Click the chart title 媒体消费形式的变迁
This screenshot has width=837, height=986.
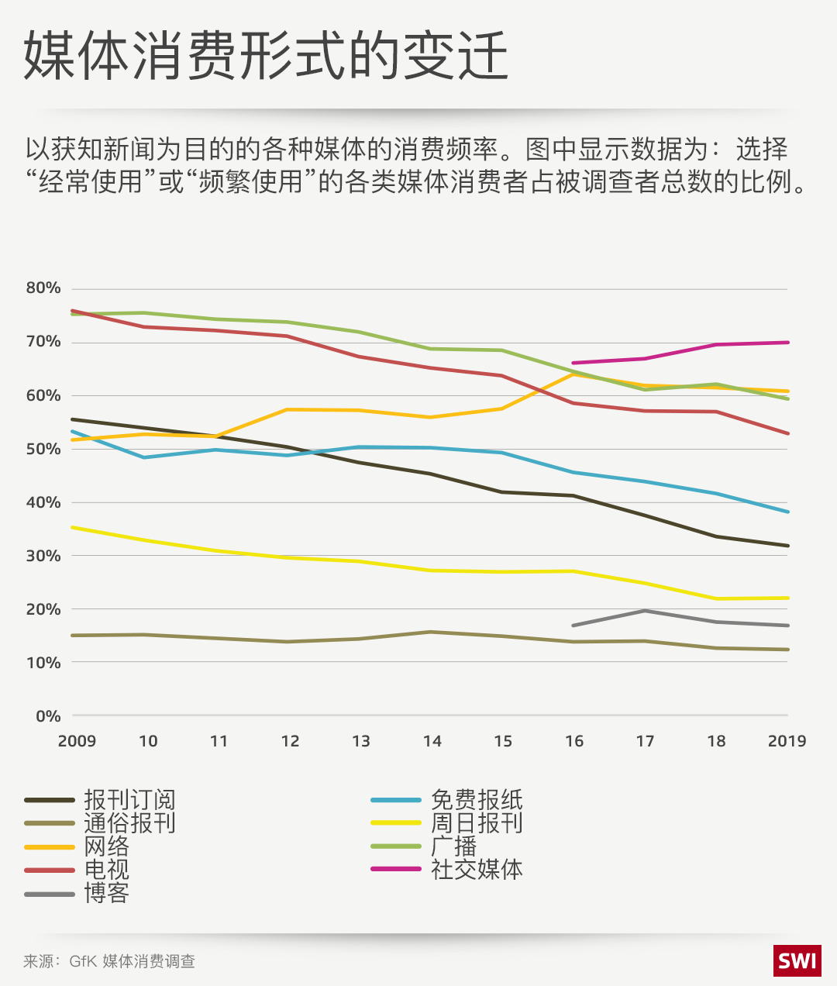266,57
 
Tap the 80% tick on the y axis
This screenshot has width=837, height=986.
43,288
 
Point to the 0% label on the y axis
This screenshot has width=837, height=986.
48,716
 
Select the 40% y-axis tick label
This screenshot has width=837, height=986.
43,502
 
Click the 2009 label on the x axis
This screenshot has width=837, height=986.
77,741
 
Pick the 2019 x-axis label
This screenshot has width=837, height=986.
787,741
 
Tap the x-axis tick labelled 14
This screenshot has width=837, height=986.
432,741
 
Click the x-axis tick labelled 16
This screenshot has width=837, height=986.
573,741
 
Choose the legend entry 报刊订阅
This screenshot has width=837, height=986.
129,799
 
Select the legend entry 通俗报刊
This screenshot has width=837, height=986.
129,822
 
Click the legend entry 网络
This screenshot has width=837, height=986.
107,846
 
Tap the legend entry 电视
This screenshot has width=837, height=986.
107,870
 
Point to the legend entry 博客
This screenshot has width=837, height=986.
107,893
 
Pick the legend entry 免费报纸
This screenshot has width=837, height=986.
477,799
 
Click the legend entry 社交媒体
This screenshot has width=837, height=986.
477,870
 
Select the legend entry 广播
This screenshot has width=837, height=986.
454,846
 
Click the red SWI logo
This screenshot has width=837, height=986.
797,961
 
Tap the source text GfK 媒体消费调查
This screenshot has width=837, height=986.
132,961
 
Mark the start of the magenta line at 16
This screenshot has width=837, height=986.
573,363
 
